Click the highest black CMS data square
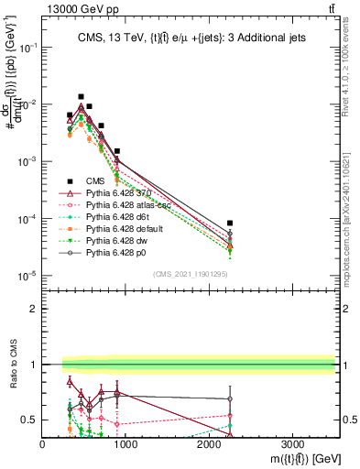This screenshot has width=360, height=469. click(x=81, y=96)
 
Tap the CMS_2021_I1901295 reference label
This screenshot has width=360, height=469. click(x=191, y=274)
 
